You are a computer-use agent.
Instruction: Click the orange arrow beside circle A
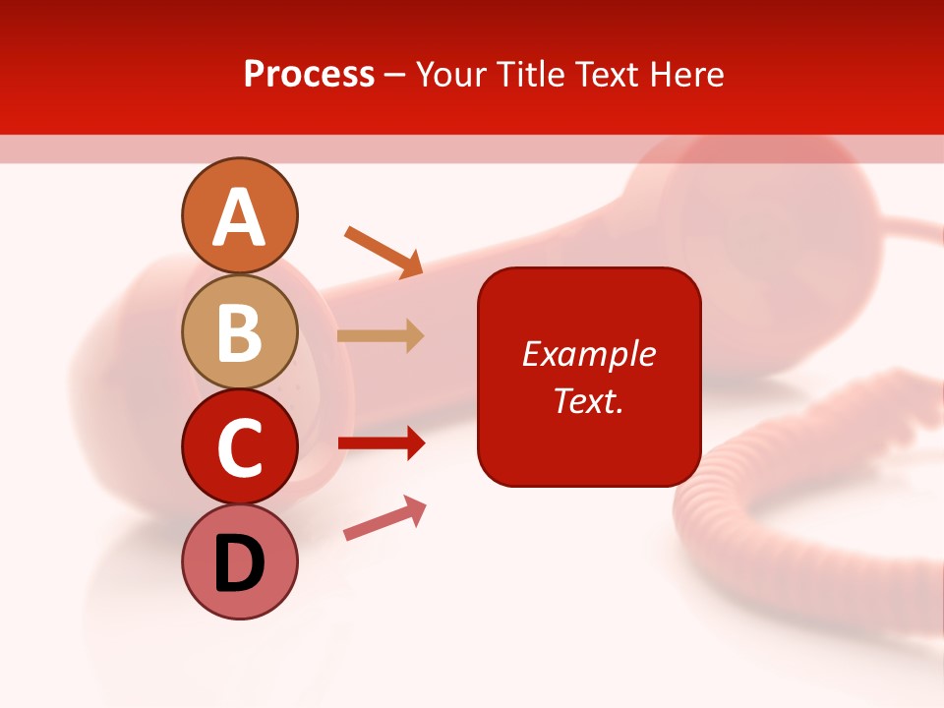click(x=383, y=251)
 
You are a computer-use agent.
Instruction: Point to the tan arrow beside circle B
click(x=381, y=335)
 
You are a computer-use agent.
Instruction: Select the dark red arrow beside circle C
click(x=382, y=443)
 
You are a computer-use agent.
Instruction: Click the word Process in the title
click(x=309, y=74)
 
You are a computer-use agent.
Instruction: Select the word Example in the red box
click(x=588, y=354)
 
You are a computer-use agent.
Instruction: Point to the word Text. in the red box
click(x=588, y=400)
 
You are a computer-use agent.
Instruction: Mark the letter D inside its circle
click(x=240, y=565)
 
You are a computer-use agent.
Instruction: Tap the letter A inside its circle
click(x=240, y=218)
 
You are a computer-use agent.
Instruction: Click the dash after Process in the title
click(x=395, y=76)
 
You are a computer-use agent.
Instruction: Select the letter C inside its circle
click(x=240, y=448)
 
